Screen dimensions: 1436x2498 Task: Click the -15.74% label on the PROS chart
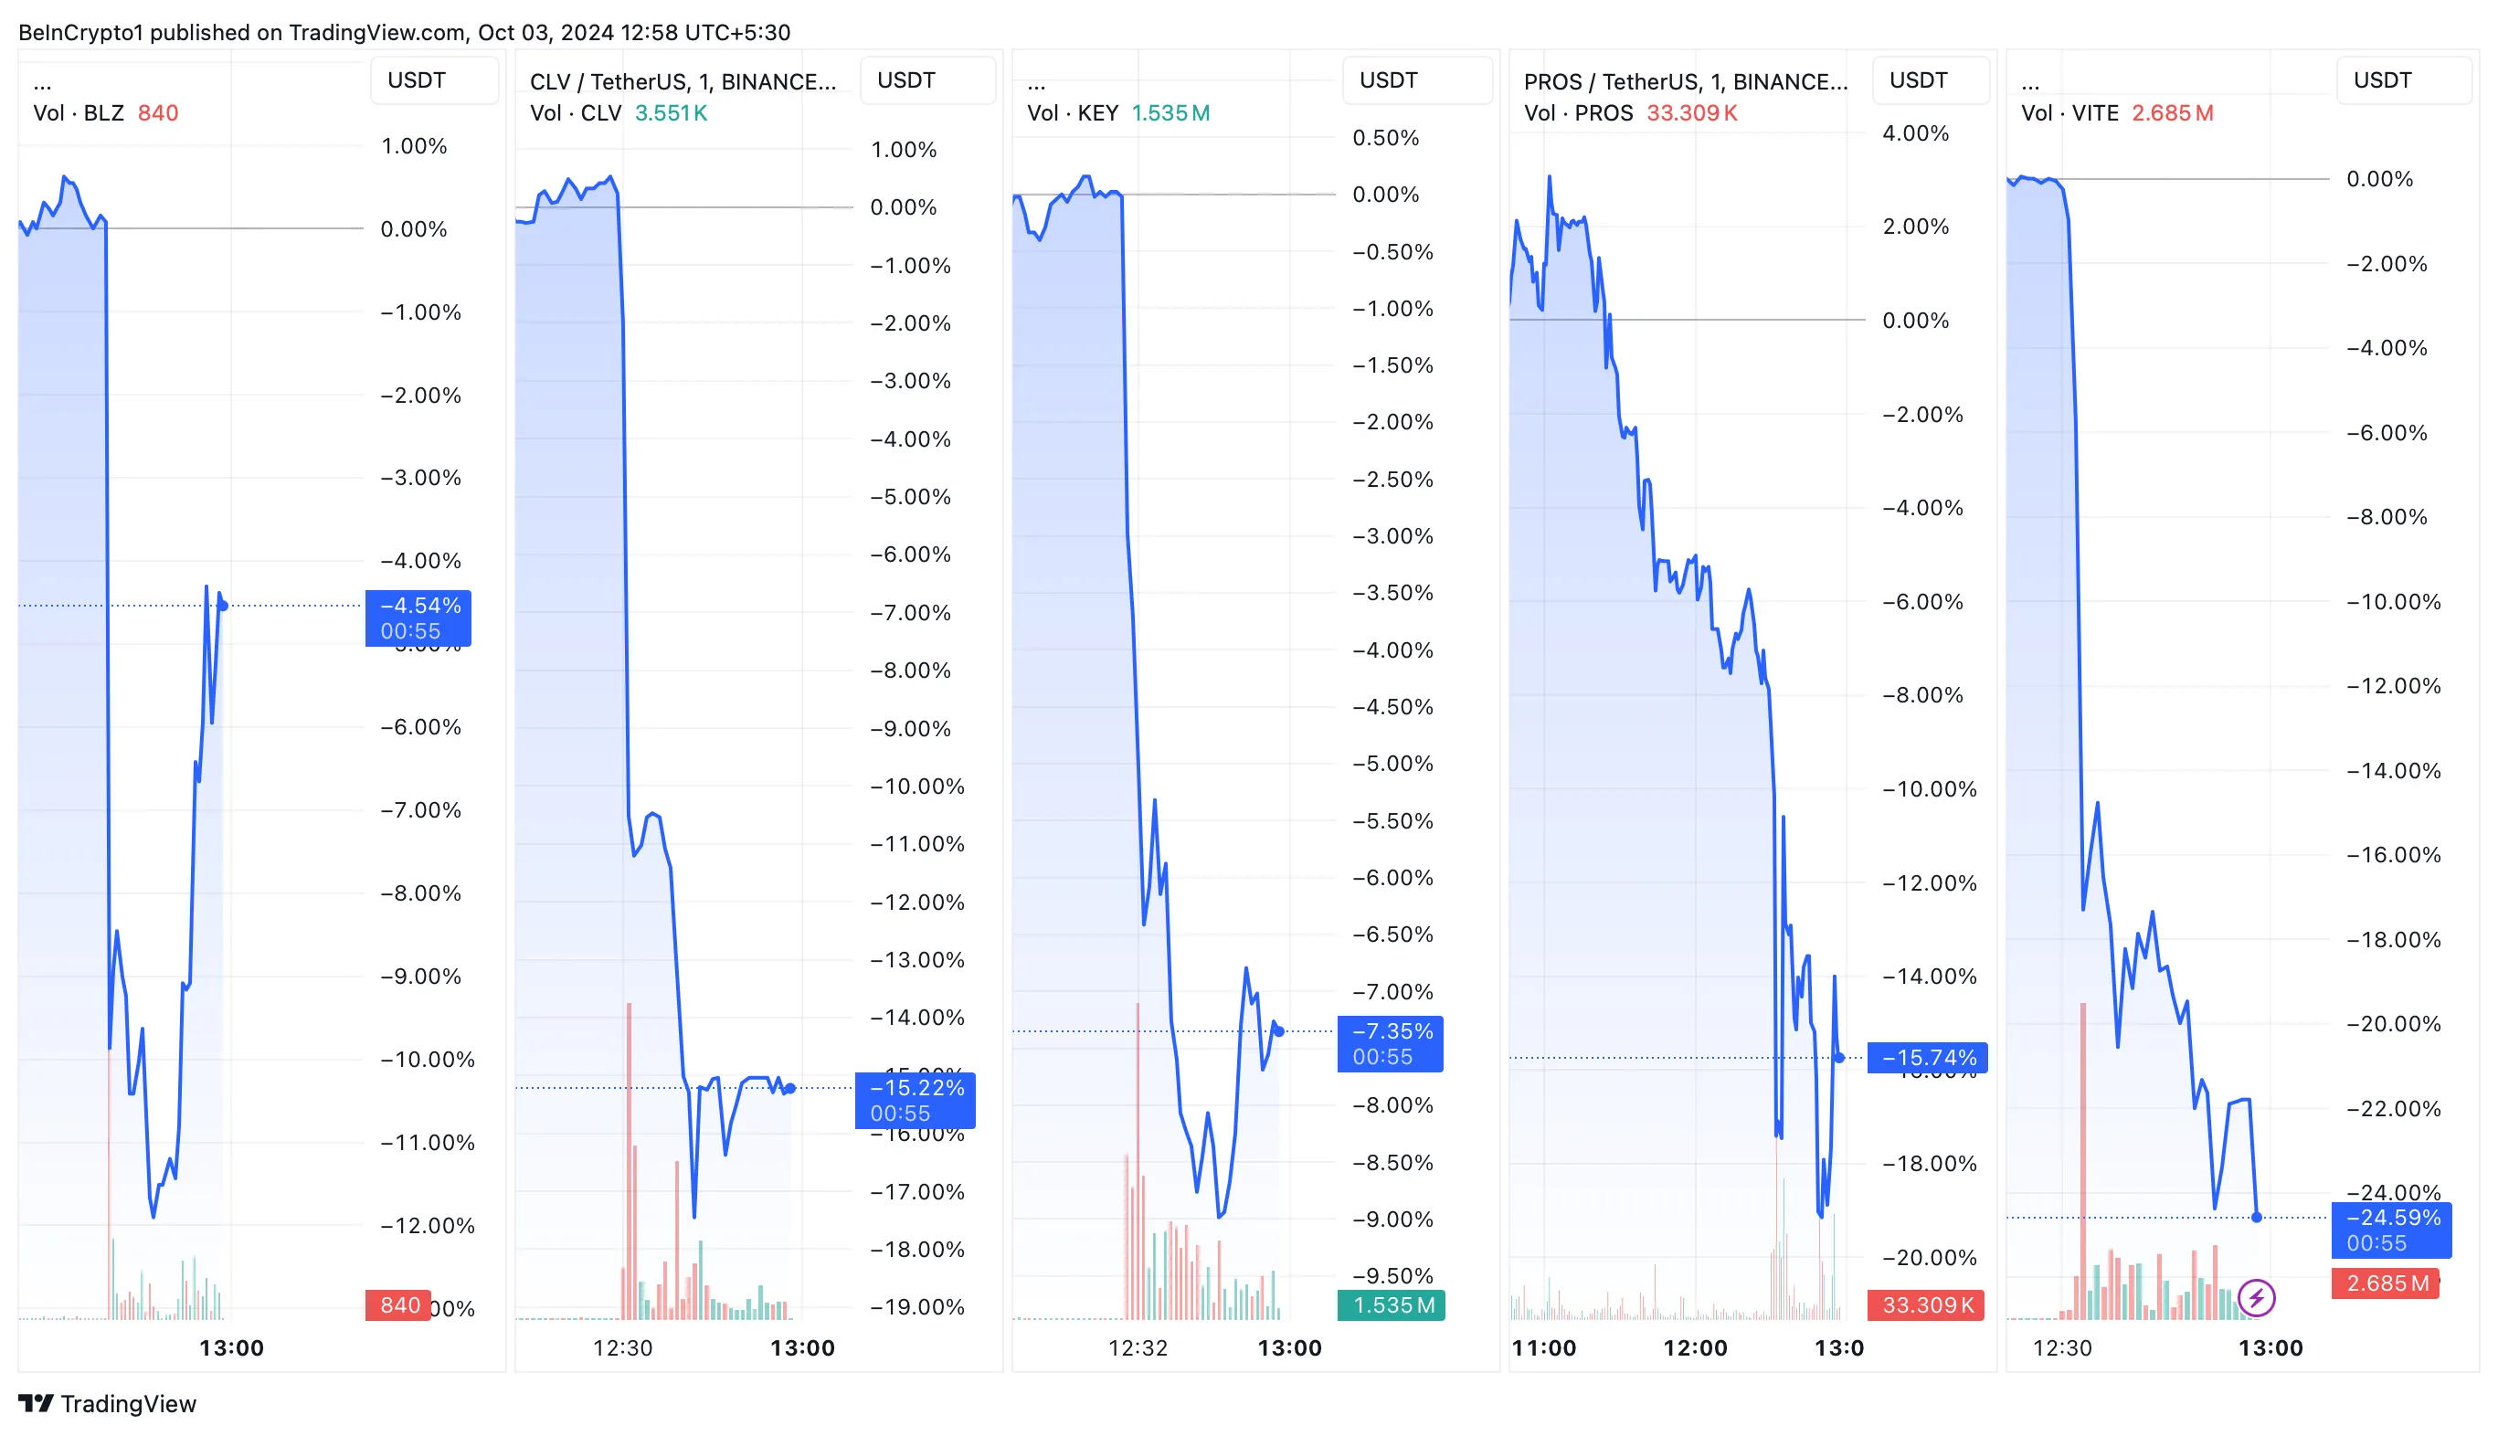1928,1058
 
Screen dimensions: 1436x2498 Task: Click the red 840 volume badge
399,1304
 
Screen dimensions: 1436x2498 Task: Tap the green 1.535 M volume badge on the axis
1392,1304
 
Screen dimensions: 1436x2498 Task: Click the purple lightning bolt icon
2257,1298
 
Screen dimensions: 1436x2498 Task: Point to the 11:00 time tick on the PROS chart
1543,1348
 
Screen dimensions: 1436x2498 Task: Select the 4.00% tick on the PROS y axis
1915,133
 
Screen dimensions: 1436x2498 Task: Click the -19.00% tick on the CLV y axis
916,1307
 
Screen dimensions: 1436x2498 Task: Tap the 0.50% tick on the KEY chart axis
1385,138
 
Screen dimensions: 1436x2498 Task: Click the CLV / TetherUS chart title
683,82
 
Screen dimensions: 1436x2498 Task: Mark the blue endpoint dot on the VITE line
2257,1217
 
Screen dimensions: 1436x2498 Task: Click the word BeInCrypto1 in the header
79,33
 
